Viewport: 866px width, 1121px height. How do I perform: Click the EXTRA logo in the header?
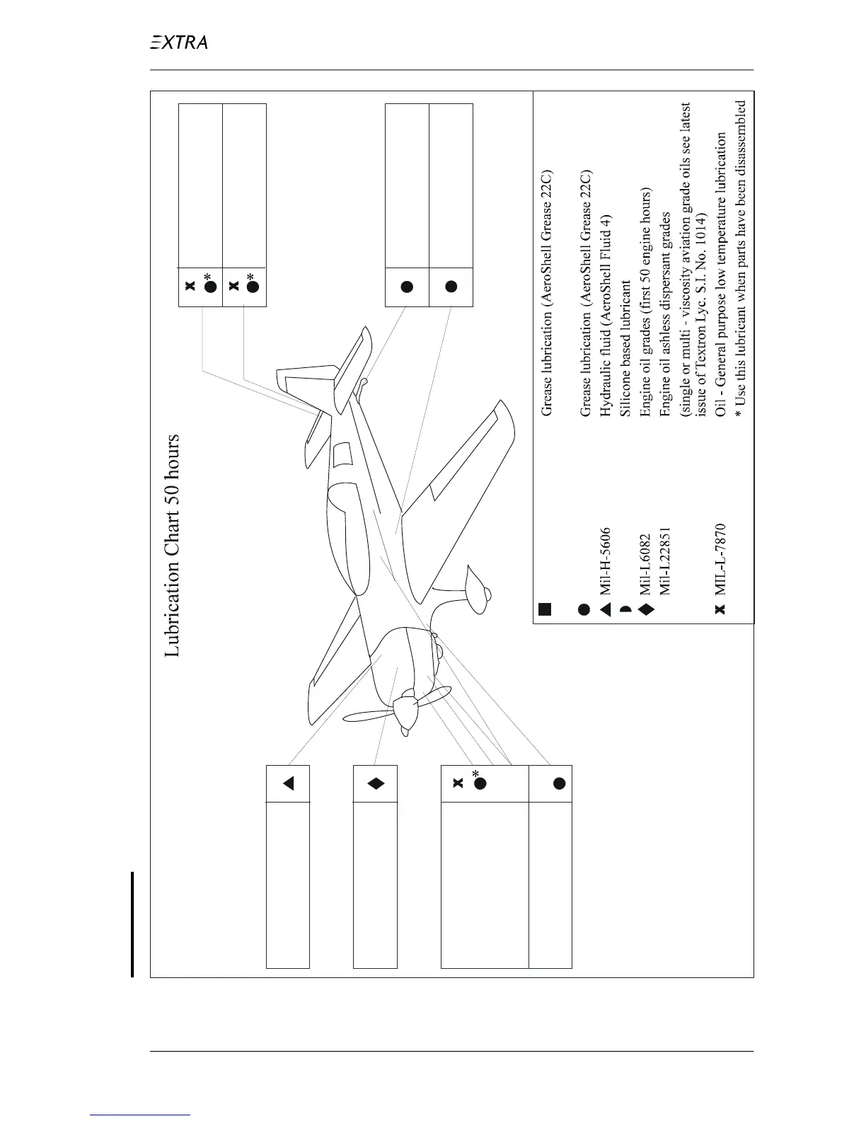click(179, 42)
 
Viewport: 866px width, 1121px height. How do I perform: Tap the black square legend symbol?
click(545, 609)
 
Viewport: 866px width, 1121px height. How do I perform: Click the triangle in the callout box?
click(288, 783)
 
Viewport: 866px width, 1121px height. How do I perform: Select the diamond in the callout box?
click(376, 783)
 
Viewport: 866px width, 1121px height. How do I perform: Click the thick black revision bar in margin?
click(132, 924)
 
